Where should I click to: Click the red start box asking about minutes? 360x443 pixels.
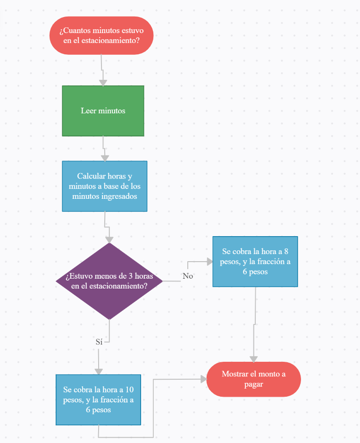click(101, 35)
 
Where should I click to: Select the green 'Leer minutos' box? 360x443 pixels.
click(103, 111)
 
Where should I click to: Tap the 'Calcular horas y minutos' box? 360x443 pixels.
click(104, 186)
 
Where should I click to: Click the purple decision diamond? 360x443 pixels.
click(109, 281)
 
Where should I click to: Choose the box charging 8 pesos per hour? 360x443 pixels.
click(255, 262)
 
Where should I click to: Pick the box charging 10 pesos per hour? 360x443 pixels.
click(98, 400)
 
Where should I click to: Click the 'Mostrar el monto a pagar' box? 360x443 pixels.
click(253, 379)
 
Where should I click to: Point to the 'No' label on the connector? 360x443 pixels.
click(188, 276)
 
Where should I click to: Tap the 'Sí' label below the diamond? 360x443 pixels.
click(99, 342)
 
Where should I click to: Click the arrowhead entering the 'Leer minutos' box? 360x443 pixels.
click(103, 83)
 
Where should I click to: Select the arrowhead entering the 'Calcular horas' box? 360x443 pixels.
click(105, 158)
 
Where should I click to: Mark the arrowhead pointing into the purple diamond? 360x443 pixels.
click(109, 239)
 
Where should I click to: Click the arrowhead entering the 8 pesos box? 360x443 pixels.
click(209, 261)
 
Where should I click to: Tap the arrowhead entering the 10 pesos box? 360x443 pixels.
click(99, 371)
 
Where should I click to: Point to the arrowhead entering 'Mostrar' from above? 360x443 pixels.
click(254, 359)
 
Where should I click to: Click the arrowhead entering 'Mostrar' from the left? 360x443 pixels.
click(203, 379)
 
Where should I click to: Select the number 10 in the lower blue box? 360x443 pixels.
click(129, 390)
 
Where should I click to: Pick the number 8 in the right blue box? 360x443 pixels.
click(286, 251)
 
